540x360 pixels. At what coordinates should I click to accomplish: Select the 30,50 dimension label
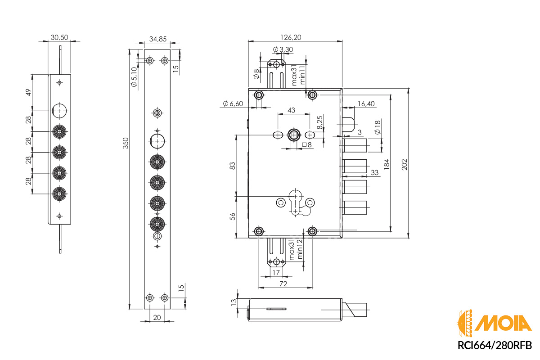(x=59, y=37)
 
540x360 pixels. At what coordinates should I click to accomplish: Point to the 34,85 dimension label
(x=157, y=39)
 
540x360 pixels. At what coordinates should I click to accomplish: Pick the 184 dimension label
(x=387, y=164)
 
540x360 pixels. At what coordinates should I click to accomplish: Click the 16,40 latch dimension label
(x=366, y=104)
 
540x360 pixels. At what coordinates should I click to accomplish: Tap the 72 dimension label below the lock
(x=283, y=283)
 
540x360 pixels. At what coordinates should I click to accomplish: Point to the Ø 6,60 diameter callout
(x=233, y=104)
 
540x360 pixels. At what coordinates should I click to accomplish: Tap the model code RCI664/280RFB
(x=495, y=345)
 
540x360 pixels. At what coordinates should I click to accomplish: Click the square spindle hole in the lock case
(x=294, y=135)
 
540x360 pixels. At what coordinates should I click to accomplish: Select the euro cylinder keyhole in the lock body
(x=295, y=202)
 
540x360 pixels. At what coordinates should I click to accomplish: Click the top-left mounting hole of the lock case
(x=259, y=95)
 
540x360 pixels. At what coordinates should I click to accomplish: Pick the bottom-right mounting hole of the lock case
(x=312, y=231)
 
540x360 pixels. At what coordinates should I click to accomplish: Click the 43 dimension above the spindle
(x=291, y=110)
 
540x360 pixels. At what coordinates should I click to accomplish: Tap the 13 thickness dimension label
(x=233, y=302)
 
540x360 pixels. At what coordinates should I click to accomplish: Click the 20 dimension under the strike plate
(x=157, y=317)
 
